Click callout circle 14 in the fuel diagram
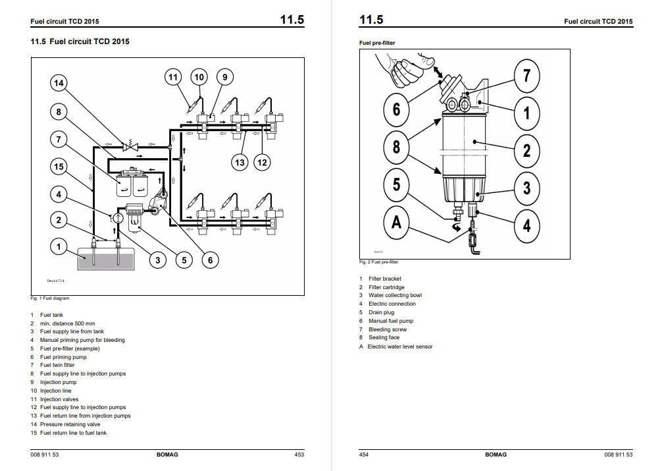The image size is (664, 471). (x=59, y=82)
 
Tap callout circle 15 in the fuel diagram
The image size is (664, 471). (x=59, y=167)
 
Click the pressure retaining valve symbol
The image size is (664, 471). (x=130, y=146)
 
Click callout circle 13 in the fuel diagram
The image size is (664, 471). (x=240, y=162)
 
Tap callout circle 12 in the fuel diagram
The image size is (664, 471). (x=262, y=162)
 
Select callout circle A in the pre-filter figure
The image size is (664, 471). (x=396, y=223)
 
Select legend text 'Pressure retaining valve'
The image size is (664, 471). (x=70, y=424)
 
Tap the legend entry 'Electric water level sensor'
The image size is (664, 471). (x=400, y=346)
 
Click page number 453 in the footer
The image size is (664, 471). (x=299, y=455)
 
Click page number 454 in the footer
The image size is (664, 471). (x=364, y=455)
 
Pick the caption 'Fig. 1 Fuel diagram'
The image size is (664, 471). (x=50, y=298)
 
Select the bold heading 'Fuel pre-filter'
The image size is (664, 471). (x=377, y=43)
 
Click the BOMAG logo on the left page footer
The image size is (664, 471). (x=167, y=455)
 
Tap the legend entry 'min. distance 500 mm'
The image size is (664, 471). (x=67, y=323)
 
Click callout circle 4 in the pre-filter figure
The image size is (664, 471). (x=526, y=225)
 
